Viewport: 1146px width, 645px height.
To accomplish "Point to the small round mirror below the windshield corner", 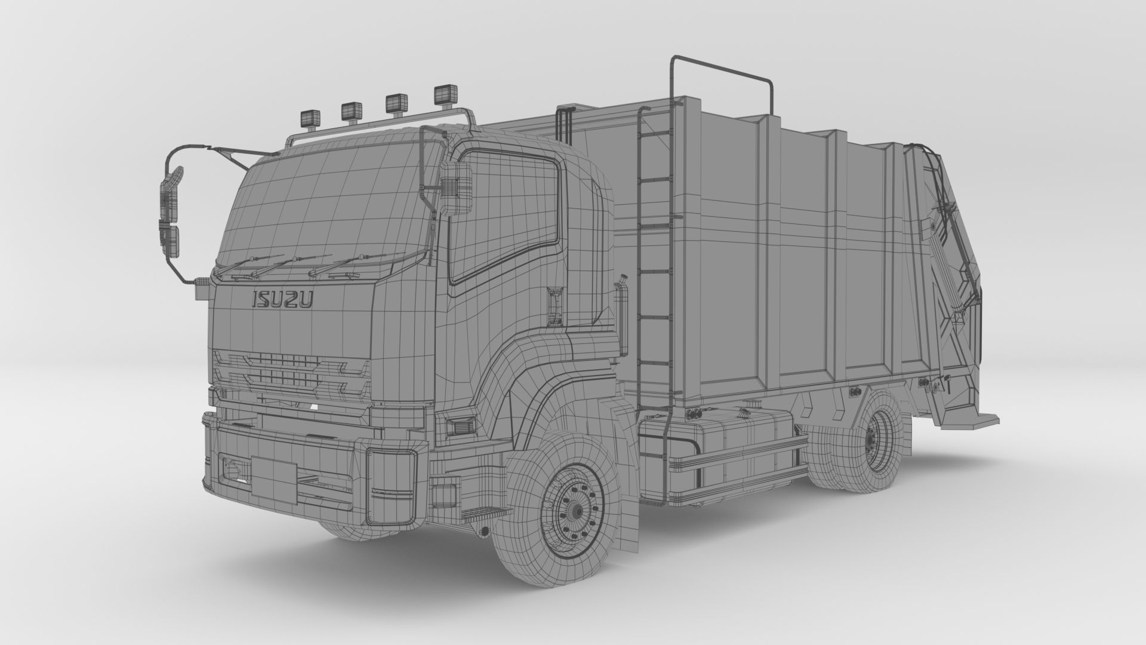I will pos(202,291).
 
